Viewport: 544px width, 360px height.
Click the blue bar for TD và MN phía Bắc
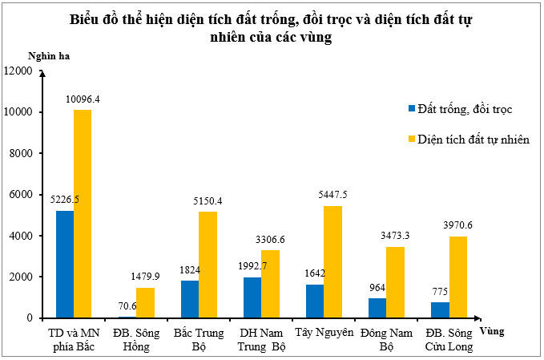(65, 264)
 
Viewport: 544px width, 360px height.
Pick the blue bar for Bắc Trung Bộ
(190, 298)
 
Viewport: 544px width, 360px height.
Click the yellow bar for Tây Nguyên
(332, 261)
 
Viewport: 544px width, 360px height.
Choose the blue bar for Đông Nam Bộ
(377, 307)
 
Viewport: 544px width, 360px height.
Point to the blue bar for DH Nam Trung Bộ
(252, 297)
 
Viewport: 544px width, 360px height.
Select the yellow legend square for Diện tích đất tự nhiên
(413, 139)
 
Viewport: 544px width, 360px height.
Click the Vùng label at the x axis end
(492, 329)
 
